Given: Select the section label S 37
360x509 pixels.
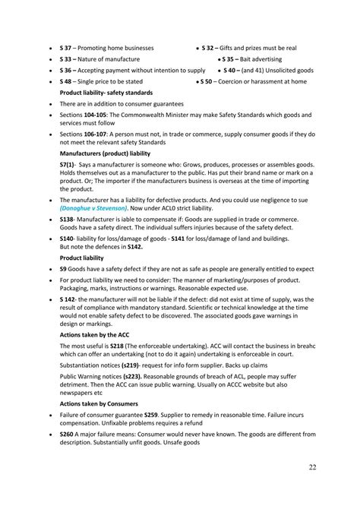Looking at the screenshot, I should (65, 47).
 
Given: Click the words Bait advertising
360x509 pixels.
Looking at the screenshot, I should (262, 58).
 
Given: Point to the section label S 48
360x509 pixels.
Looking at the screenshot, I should (65, 81).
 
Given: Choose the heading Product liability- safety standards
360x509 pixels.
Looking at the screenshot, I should (104, 92).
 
